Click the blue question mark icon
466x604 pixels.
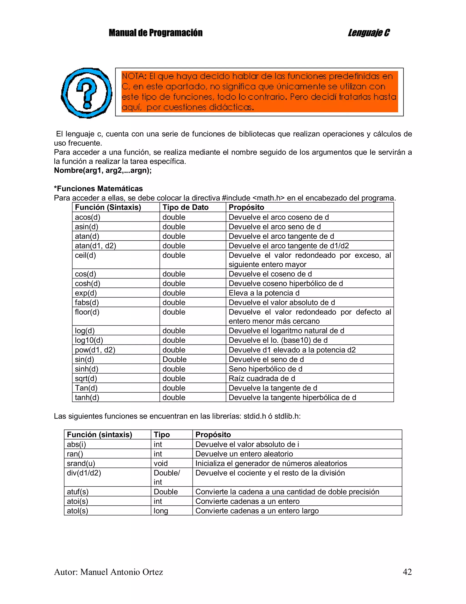pos(86,93)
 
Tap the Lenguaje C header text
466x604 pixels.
pos(369,33)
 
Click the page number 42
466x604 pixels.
pos(407,572)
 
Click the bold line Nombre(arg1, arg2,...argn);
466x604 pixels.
pos(103,170)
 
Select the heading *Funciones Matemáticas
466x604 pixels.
pos(98,189)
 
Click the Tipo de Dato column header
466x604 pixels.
pos(185,207)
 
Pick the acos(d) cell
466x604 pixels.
pos(88,217)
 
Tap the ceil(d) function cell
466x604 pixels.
pos(85,255)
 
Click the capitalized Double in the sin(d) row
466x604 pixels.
pos(174,359)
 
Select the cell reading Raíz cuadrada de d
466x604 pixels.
pos(262,378)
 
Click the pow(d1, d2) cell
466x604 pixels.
pos(95,350)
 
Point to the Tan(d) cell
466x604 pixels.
pos(86,388)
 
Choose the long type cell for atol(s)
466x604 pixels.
pos(161,511)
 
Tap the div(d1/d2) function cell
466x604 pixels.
pos(84,473)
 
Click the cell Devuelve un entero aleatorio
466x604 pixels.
pos(244,454)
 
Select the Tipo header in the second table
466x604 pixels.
pos(162,434)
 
